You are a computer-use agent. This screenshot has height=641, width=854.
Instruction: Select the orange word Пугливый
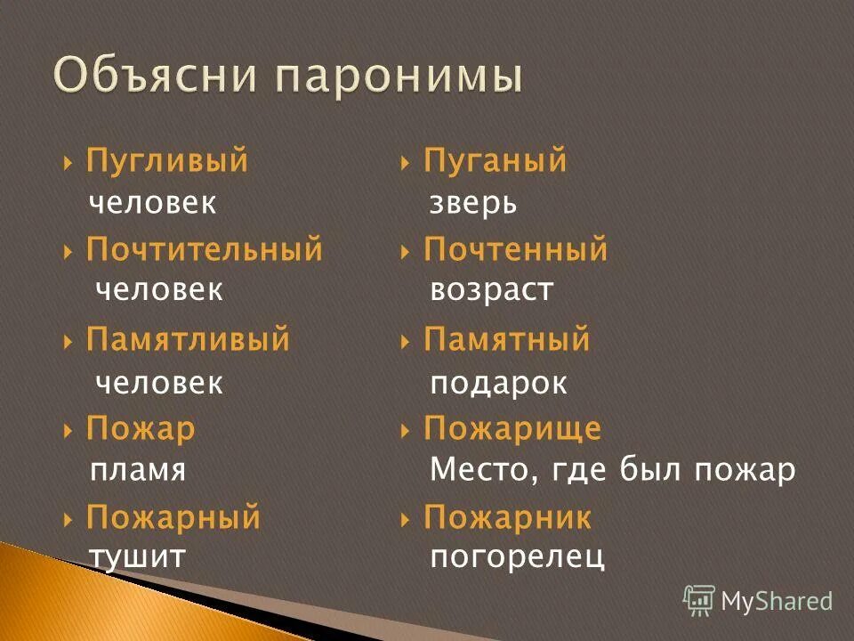166,162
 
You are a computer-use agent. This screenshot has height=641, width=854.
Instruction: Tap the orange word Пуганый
495,162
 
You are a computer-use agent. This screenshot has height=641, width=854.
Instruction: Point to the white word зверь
473,204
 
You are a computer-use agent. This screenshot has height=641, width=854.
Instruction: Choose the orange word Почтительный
204,250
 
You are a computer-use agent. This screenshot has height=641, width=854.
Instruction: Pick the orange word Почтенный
515,250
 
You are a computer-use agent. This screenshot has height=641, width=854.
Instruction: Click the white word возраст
492,290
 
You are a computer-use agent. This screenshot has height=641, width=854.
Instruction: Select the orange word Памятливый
188,340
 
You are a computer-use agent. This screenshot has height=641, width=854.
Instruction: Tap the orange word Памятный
506,340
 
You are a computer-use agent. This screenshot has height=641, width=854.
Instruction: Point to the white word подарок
498,383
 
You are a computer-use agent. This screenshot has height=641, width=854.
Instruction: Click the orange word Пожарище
512,429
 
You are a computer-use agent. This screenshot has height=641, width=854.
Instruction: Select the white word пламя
138,470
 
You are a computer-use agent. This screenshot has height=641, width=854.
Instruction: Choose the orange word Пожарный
173,517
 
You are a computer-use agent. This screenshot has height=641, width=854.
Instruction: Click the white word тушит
137,557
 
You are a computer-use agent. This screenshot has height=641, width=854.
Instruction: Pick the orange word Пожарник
507,517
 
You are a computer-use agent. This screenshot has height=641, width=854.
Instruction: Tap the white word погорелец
517,557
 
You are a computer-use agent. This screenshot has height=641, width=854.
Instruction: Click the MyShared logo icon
698,601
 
